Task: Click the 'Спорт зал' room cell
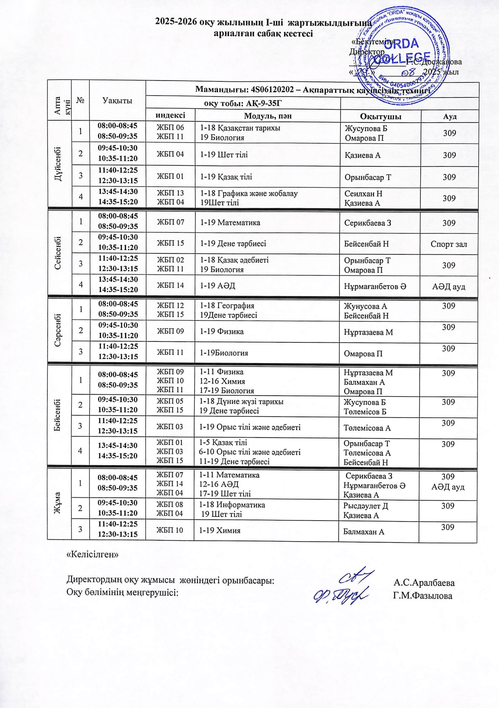[x=449, y=244]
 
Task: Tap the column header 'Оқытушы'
[x=380, y=117]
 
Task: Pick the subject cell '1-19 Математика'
[x=230, y=222]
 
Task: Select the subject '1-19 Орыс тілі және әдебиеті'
[x=250, y=427]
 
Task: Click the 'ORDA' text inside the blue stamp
[x=401, y=44]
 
